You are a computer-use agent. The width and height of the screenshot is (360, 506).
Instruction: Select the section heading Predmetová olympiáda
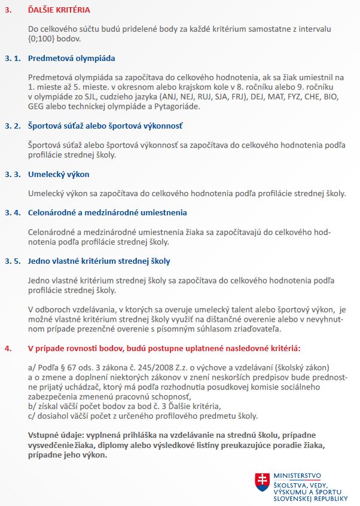71,59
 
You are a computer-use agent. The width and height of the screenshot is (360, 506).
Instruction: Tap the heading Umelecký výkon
59,175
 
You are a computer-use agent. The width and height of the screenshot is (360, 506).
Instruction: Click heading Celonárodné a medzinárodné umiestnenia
108,212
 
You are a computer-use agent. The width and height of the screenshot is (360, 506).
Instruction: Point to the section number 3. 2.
13,126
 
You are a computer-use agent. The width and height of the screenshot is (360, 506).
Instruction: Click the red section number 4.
7,348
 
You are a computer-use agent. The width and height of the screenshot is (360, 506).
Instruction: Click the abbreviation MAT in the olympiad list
263,97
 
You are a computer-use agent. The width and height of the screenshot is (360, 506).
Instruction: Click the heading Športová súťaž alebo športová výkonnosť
105,126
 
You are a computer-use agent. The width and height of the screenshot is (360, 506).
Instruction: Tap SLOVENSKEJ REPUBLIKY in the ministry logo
310,498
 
